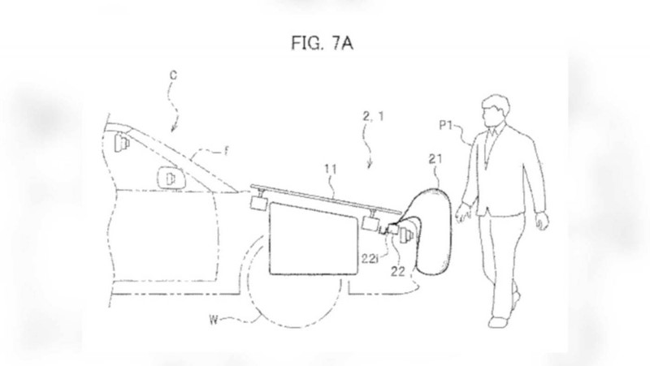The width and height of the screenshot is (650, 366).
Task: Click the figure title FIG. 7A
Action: pyautogui.click(x=322, y=43)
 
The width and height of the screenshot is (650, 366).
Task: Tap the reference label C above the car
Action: pyautogui.click(x=173, y=75)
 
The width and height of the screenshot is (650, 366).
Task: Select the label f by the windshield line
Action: pyautogui.click(x=227, y=151)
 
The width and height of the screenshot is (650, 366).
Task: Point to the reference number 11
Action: pyautogui.click(x=330, y=170)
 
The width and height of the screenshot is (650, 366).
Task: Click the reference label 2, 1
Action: pyautogui.click(x=374, y=116)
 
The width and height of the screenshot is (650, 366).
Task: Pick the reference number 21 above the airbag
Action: pyautogui.click(x=435, y=159)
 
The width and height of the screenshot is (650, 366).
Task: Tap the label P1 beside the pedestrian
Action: pyautogui.click(x=445, y=125)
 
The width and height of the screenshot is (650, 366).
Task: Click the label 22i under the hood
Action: pyautogui.click(x=370, y=259)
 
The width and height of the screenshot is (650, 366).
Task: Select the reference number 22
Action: pyautogui.click(x=398, y=271)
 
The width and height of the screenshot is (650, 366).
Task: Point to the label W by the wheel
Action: pyautogui.click(x=214, y=320)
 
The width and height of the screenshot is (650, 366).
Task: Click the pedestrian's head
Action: pyautogui.click(x=495, y=111)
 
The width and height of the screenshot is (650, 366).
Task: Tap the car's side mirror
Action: pyautogui.click(x=170, y=178)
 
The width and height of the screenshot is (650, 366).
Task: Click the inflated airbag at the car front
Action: pyautogui.click(x=434, y=231)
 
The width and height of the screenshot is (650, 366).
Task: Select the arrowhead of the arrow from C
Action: pyautogui.click(x=173, y=129)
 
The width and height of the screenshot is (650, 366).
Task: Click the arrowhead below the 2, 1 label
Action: pyautogui.click(x=370, y=166)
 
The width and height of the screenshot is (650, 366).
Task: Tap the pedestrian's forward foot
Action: pyautogui.click(x=497, y=321)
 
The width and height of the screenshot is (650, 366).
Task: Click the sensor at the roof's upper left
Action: pyautogui.click(x=121, y=141)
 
